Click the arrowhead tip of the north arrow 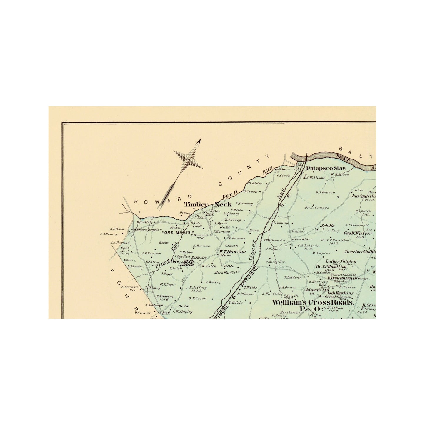(x=200, y=139)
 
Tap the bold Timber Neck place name (x=208, y=204)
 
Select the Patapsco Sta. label (x=325, y=169)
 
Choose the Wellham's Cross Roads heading (x=312, y=302)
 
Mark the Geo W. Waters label (x=358, y=234)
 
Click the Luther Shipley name (x=341, y=261)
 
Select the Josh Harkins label (x=341, y=293)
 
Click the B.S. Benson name (x=325, y=192)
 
